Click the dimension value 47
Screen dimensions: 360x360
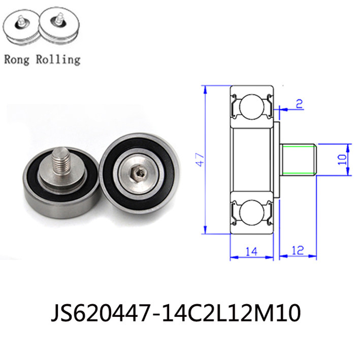tap(200, 159)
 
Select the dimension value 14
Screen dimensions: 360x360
tap(251, 252)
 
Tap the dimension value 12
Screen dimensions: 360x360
tap(298, 250)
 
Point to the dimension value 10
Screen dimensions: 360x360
tap(342, 159)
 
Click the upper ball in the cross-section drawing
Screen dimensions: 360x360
tap(251, 107)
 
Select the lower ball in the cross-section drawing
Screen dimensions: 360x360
tap(251, 212)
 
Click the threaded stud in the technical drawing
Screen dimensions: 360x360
tap(299, 160)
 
